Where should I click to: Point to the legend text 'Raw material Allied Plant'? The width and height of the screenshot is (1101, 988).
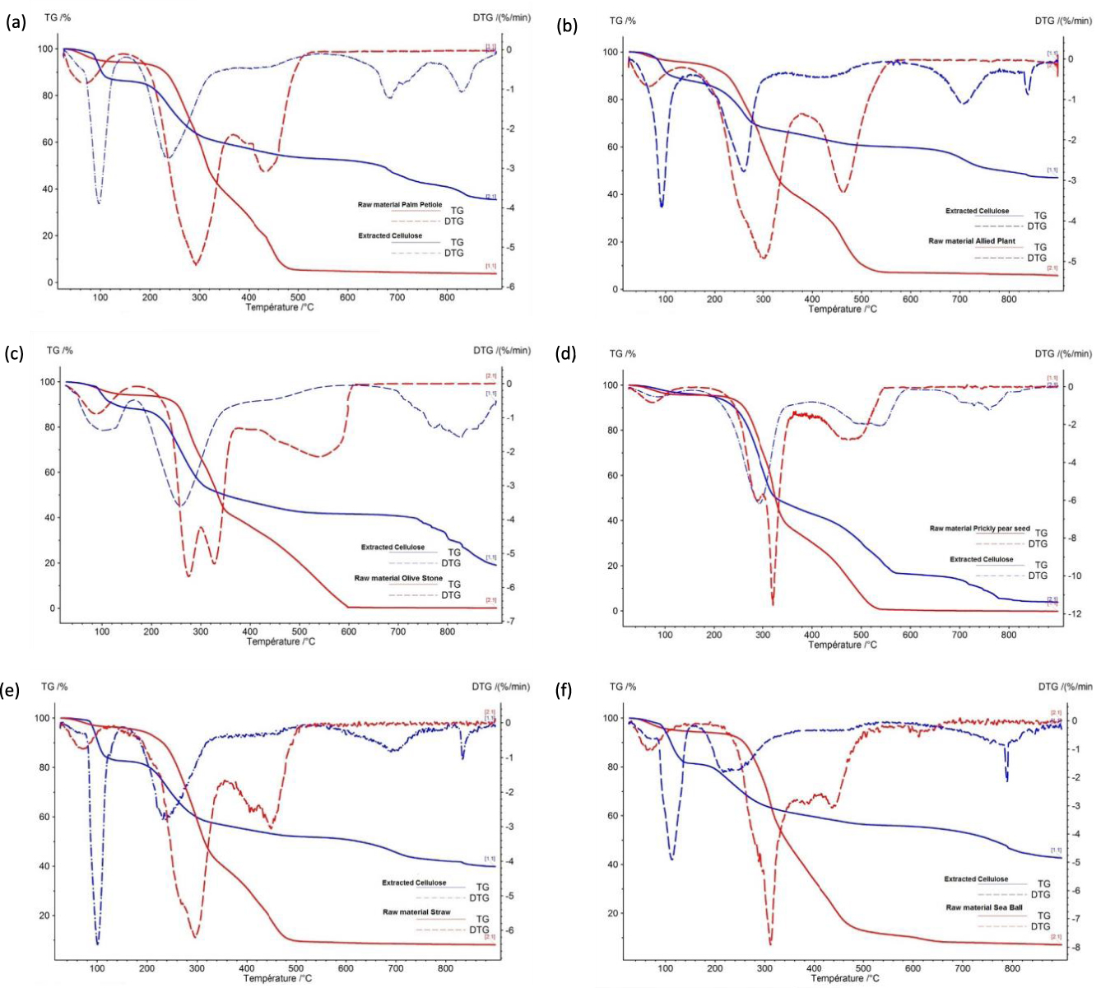975,241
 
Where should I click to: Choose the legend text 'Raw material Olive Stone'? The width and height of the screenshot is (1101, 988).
398,579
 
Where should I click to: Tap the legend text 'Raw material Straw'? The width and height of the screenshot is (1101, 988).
416,912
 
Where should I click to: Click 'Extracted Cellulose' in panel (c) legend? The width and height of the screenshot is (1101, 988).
393,548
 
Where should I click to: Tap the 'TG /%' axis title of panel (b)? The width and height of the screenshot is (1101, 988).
623,21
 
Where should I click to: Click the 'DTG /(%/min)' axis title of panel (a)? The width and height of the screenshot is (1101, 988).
499,17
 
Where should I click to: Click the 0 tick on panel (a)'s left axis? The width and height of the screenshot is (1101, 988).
51,282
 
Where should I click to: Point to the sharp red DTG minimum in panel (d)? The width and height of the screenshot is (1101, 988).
773,605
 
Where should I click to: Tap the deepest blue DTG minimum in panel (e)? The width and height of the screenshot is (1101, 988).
97,944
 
